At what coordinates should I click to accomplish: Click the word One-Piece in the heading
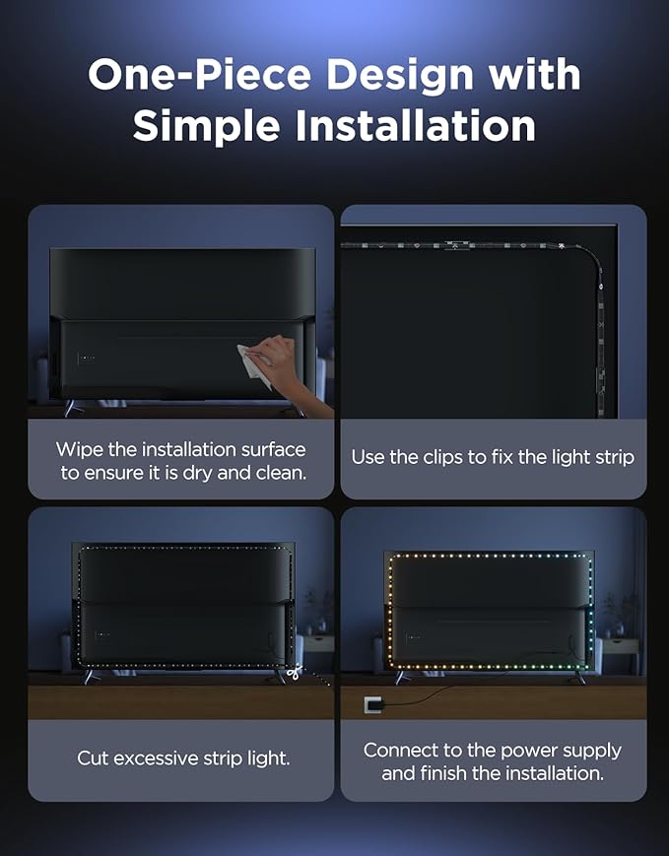(199, 74)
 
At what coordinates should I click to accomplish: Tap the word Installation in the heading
(416, 126)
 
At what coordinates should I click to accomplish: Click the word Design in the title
(400, 75)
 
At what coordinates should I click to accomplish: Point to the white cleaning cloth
(254, 364)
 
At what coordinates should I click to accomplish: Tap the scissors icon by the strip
(295, 672)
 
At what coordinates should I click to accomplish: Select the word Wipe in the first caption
(80, 450)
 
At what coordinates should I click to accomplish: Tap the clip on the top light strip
(454, 245)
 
